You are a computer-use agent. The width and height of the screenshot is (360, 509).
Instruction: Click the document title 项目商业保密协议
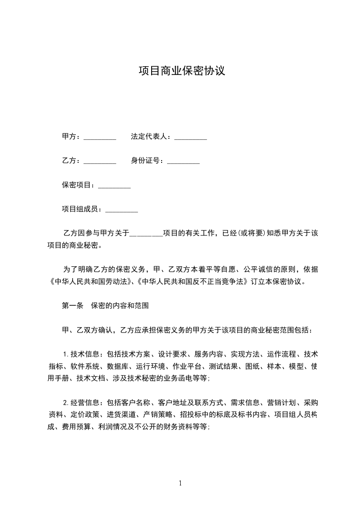pos(182,71)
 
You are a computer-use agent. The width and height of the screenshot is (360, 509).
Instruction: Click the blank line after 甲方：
pos(100,137)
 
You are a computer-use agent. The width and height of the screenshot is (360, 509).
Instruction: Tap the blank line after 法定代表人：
pos(191,137)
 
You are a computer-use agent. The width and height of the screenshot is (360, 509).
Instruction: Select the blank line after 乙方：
pos(100,162)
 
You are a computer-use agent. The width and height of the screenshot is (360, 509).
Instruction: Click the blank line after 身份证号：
pos(183,162)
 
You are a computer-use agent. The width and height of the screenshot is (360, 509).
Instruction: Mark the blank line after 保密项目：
pos(114,186)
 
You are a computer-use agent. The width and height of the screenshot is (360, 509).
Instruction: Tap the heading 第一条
pos(73,306)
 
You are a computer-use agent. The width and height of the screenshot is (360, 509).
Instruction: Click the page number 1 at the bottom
pos(180,483)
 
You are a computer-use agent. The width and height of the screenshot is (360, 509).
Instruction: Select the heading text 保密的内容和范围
pos(120,306)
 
